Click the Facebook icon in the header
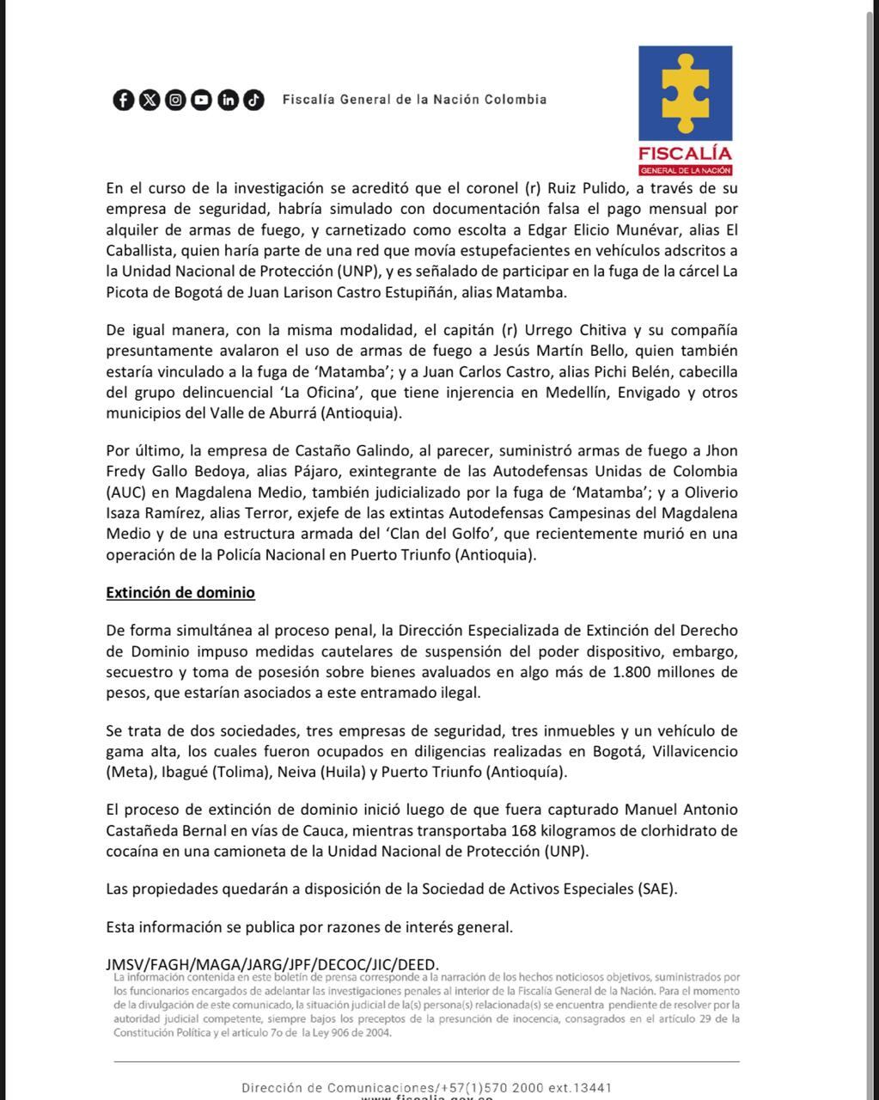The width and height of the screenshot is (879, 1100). click(124, 100)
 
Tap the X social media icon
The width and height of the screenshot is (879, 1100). click(150, 100)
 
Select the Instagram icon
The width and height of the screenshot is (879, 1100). click(175, 100)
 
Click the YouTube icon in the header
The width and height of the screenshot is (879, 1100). click(201, 100)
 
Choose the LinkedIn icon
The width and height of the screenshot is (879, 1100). click(228, 100)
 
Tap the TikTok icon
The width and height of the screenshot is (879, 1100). click(253, 100)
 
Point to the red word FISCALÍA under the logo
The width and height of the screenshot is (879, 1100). click(685, 154)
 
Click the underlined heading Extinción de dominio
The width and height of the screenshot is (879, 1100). click(180, 593)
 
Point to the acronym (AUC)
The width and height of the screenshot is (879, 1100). click(125, 493)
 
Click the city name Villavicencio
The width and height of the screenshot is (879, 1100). click(694, 752)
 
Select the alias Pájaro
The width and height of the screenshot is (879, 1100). click(314, 472)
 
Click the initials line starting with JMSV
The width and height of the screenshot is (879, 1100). click(272, 964)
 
